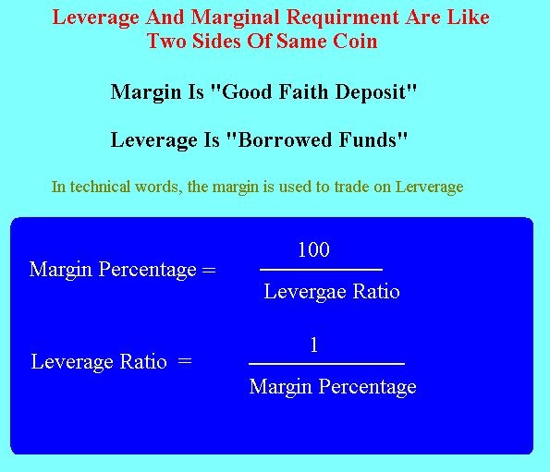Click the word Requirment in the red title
coord(342,18)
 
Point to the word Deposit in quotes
coord(376,92)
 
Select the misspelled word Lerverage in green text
coord(429,187)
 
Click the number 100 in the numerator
coord(313,249)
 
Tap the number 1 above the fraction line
coord(314,345)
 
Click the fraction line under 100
coord(321,270)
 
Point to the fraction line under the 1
coord(326,364)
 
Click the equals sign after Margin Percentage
coord(209,270)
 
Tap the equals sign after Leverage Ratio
coord(185,360)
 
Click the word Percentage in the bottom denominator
coord(367,387)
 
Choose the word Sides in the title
coord(216,41)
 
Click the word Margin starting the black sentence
coord(146,92)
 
